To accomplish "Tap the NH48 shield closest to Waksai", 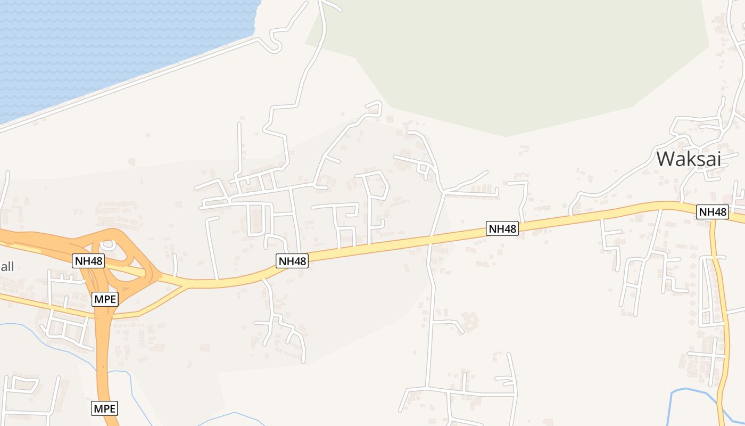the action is pyautogui.click(x=712, y=212).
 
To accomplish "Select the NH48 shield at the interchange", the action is pyautogui.click(x=88, y=261).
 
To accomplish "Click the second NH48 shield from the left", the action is pyautogui.click(x=293, y=261).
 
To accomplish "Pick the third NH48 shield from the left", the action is pyautogui.click(x=502, y=229).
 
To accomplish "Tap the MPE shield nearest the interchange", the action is pyautogui.click(x=104, y=299).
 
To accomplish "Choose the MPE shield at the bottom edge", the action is pyautogui.click(x=104, y=409).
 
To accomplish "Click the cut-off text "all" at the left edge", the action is pyautogui.click(x=7, y=266).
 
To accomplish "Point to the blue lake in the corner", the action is pyautogui.click(x=106, y=43).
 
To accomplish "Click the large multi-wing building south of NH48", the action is pyautogui.click(x=469, y=321).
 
